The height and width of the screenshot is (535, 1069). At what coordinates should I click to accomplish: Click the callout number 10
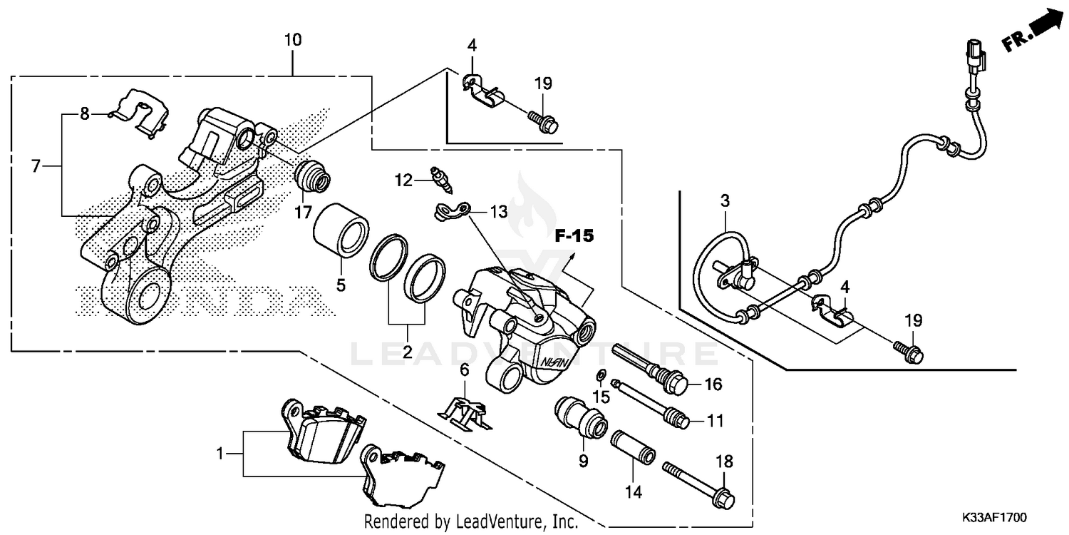pos(293,40)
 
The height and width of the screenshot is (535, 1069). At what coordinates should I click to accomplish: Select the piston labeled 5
pos(341,230)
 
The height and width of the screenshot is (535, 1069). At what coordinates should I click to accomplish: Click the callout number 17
pos(304,212)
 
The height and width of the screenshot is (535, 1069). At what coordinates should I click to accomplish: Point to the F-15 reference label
pos(574,236)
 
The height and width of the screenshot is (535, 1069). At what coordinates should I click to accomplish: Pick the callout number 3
pos(725,202)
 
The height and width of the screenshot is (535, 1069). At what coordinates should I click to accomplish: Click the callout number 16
pos(713,385)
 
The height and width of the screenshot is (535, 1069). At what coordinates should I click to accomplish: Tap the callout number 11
pos(715,422)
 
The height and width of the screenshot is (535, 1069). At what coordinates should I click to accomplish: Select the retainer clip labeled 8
pos(145,111)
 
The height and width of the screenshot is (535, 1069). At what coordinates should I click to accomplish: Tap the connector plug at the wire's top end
pos(975,58)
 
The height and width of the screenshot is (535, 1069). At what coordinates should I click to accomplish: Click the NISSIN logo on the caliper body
pos(554,362)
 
